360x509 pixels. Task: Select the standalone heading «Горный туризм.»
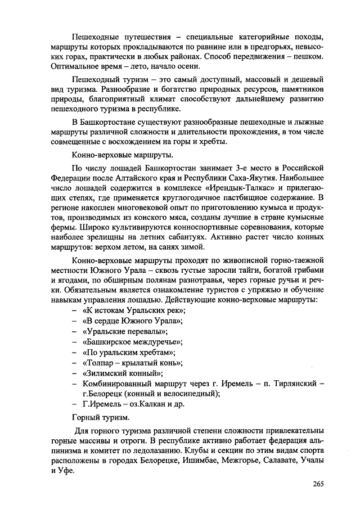tap(101, 417)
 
